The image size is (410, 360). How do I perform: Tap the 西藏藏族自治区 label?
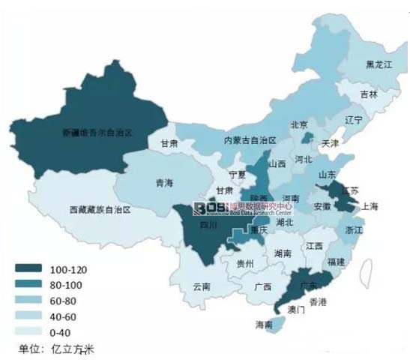point(100,211)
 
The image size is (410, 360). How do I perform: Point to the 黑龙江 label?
point(378,65)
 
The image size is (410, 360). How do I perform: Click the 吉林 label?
point(369,94)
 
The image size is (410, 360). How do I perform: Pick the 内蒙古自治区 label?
point(250,140)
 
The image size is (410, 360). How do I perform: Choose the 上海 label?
point(369,206)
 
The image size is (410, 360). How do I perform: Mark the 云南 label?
point(202,286)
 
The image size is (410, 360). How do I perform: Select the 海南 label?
point(264,325)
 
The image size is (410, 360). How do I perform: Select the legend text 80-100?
point(66,284)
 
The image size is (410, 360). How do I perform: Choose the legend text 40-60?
point(64,315)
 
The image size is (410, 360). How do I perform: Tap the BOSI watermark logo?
point(211,207)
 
